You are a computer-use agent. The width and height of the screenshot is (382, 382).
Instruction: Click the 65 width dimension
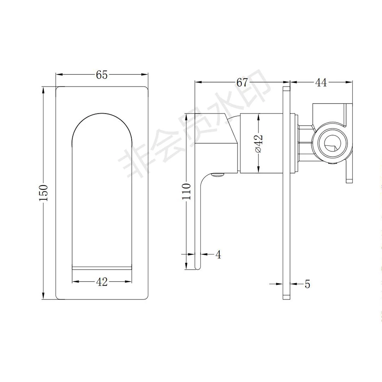click(x=102, y=75)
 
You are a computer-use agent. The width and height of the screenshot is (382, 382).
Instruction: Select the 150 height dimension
click(x=44, y=193)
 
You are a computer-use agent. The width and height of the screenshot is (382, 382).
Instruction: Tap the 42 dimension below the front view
click(x=102, y=282)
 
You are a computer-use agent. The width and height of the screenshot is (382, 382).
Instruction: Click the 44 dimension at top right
click(x=321, y=82)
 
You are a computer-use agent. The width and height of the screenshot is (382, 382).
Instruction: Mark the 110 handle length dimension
click(x=186, y=191)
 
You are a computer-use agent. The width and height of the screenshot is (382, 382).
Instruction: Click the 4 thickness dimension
click(x=218, y=254)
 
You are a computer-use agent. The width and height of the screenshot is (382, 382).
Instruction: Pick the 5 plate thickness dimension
click(x=308, y=284)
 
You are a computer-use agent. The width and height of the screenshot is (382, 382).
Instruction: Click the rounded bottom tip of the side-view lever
click(x=197, y=266)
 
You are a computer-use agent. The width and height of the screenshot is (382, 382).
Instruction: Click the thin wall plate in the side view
click(x=286, y=191)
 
